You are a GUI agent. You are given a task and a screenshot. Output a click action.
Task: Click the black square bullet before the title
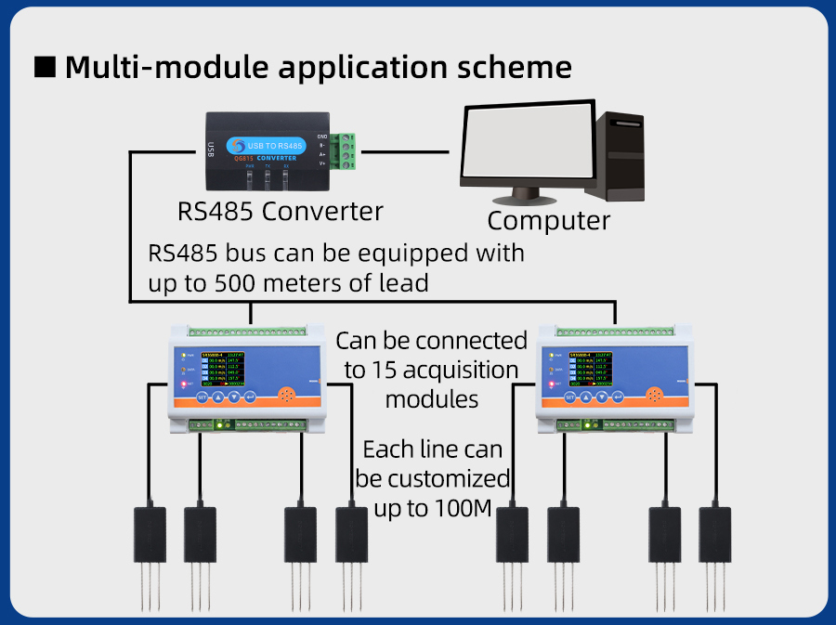click(46, 68)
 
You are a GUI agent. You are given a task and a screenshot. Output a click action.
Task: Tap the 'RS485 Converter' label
click(280, 211)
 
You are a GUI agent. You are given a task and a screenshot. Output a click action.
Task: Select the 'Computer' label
click(548, 221)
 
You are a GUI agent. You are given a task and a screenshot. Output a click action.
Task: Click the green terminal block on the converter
click(346, 151)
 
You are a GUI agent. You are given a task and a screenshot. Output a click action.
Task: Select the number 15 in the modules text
click(382, 371)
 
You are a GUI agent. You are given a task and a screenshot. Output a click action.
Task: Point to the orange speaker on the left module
click(288, 397)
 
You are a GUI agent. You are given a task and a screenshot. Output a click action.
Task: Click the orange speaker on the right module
click(652, 397)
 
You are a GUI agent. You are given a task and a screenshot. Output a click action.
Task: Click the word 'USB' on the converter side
click(211, 149)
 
